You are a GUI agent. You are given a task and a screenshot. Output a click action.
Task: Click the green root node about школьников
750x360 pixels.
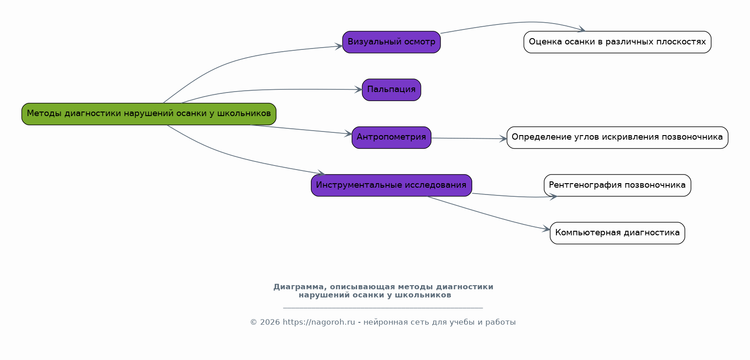point(149,114)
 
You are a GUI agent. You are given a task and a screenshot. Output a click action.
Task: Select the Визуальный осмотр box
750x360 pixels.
point(392,42)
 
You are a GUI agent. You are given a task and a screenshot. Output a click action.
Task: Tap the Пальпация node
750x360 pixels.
point(392,90)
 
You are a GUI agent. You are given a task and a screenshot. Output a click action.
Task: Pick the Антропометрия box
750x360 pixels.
point(392,138)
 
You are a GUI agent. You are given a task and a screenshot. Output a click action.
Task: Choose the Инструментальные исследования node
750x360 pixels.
point(392,185)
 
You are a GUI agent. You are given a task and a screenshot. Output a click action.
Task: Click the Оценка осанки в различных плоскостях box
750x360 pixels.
point(617,42)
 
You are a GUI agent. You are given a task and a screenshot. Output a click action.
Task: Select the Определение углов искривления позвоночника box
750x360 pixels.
point(617,138)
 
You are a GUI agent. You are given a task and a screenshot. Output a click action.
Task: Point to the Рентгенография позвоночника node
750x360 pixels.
point(617,185)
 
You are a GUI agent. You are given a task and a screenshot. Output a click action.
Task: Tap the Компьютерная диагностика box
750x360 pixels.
point(617,233)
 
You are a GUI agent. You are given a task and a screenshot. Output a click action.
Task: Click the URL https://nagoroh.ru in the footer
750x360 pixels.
point(319,322)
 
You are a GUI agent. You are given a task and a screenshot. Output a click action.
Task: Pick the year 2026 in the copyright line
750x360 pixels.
point(270,322)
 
